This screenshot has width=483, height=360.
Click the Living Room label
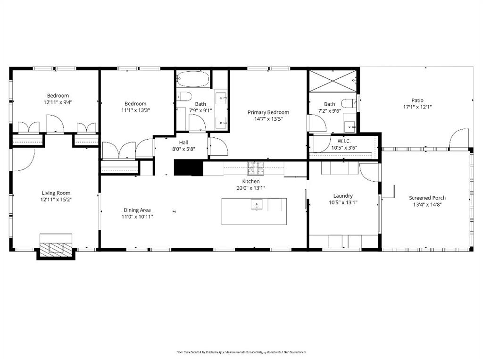(56, 193)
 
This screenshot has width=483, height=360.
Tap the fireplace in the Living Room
(56, 246)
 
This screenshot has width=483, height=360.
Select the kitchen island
(254, 211)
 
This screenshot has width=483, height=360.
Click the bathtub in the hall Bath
(192, 79)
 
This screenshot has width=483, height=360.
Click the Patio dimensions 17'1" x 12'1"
(417, 107)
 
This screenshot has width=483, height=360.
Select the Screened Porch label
(427, 198)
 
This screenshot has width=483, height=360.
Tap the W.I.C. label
(344, 141)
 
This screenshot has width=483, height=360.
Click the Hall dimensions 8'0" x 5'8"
(183, 149)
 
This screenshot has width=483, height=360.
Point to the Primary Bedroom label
(268, 112)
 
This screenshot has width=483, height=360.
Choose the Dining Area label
(137, 210)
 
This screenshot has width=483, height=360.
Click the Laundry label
(343, 196)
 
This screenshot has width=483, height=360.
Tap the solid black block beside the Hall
(188, 167)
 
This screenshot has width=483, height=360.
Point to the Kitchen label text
(251, 181)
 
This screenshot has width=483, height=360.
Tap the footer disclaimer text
(241, 352)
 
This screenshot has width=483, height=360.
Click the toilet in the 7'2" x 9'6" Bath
(348, 104)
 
